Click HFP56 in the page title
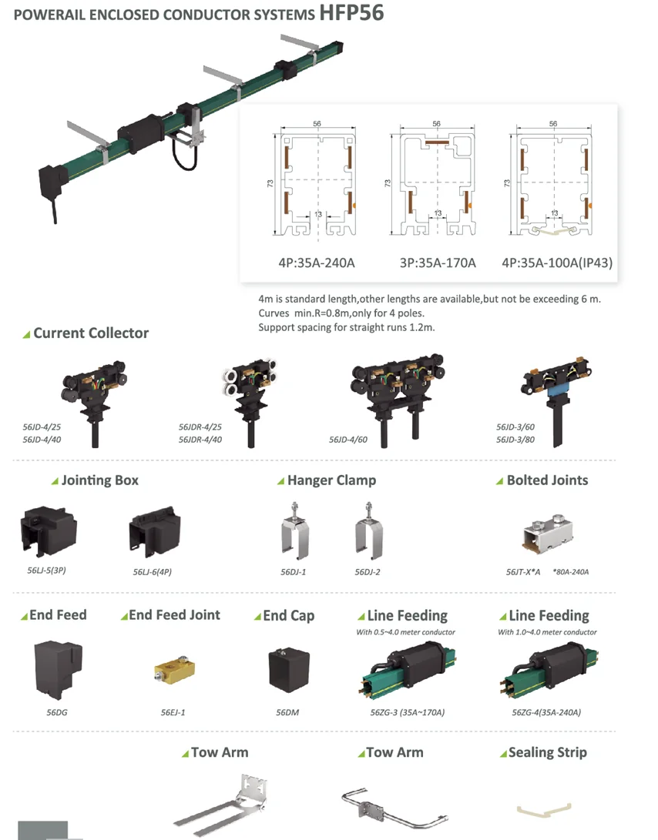(351, 13)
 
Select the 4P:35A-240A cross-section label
(317, 263)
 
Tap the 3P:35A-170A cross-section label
(438, 263)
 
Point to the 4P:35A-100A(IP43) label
(557, 263)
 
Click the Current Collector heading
(90, 333)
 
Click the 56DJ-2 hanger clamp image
(369, 533)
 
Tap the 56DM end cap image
(288, 669)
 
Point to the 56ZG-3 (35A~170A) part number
(407, 712)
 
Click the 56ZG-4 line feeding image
(547, 669)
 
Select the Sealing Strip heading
(547, 752)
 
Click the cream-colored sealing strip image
(545, 808)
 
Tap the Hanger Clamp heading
(331, 480)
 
